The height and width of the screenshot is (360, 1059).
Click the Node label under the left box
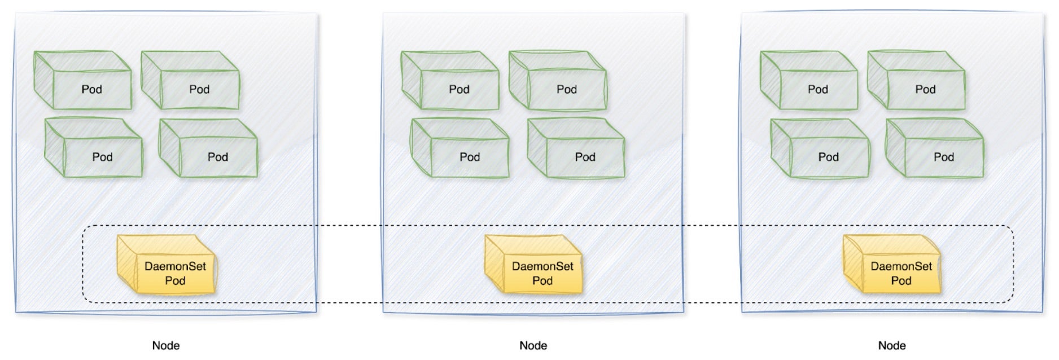click(166, 345)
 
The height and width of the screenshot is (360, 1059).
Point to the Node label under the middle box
click(533, 345)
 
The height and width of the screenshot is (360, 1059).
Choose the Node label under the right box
click(892, 345)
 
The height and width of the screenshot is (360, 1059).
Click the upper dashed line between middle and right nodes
click(714, 226)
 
